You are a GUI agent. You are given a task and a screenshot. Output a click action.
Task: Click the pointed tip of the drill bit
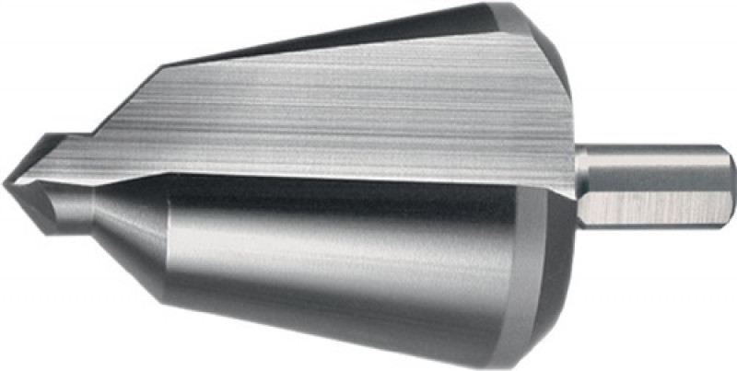pyautogui.click(x=6, y=183)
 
